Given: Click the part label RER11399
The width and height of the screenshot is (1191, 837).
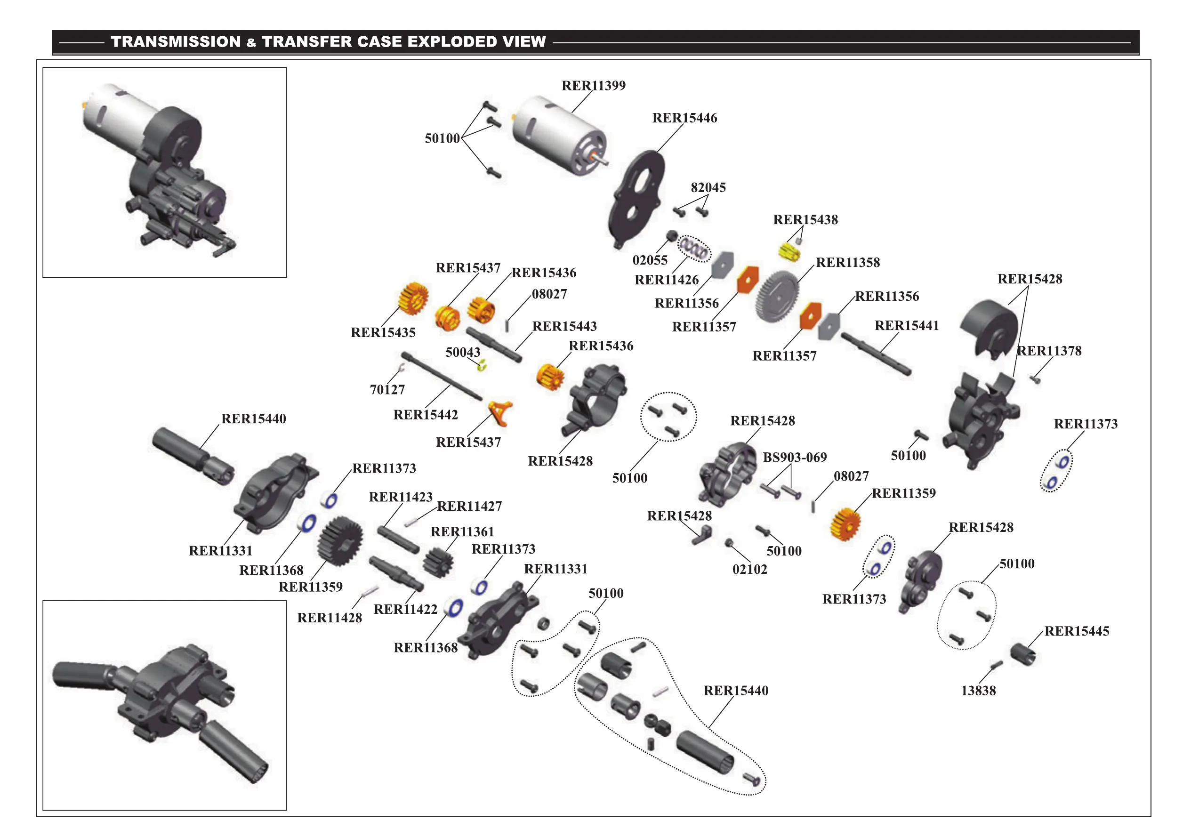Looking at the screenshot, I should [594, 86].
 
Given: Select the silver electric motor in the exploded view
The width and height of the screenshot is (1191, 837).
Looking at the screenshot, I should [558, 134].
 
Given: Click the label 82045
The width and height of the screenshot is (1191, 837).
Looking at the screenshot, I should [708, 188].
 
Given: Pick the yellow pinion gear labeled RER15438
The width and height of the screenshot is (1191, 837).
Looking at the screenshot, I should [789, 252].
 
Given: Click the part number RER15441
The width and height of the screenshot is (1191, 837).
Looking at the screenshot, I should [906, 326].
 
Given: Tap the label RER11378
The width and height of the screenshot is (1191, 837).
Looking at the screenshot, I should [1049, 351].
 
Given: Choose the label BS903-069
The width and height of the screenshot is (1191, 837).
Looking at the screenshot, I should [795, 458].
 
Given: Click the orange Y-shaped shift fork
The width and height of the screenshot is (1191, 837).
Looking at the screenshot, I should [501, 413].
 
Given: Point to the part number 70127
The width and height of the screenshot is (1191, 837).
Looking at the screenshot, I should [387, 389].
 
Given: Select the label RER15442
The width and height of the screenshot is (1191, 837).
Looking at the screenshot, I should [426, 415].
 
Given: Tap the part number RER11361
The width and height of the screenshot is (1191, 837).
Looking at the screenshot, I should [462, 532].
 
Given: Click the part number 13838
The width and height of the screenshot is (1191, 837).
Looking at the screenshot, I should [978, 691].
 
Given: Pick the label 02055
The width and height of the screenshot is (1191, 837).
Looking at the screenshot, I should [650, 260].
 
